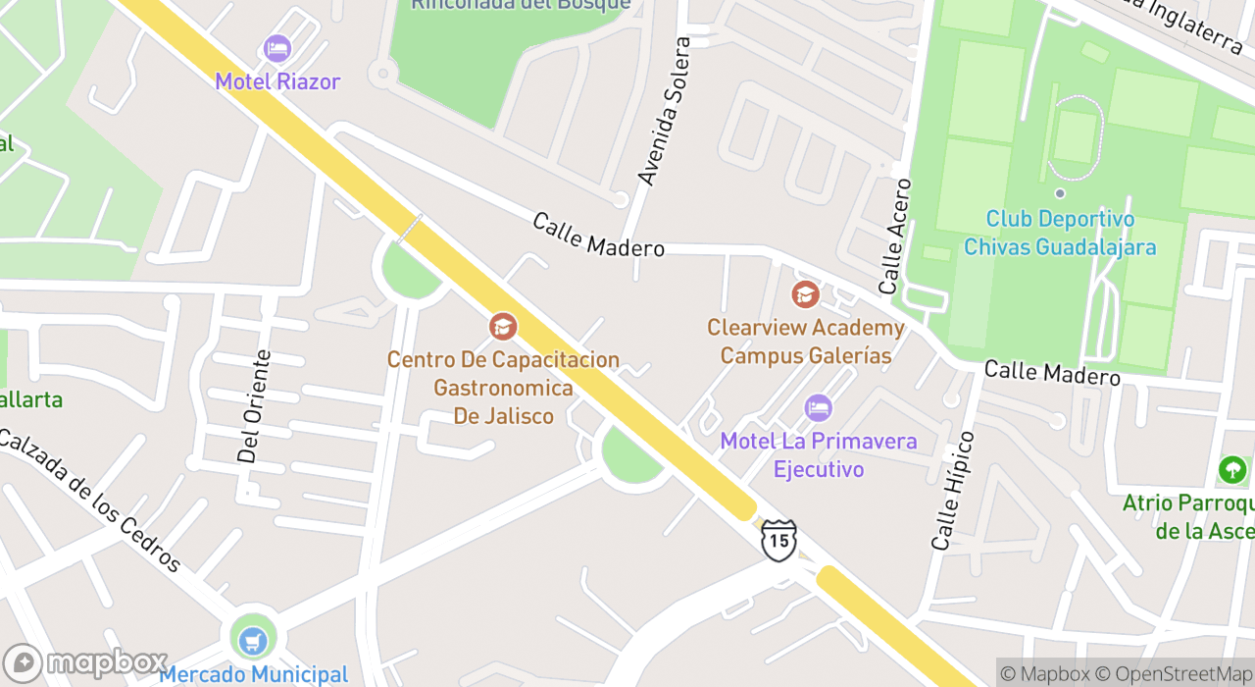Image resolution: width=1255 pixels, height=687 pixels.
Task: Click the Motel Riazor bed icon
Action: click(277, 48)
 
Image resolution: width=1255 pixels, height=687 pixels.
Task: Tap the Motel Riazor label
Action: click(277, 81)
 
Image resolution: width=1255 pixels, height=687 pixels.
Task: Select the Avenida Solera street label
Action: click(665, 111)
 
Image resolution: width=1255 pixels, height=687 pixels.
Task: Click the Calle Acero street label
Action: click(895, 237)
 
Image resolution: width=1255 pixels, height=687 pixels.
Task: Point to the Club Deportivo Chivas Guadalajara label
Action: click(1060, 233)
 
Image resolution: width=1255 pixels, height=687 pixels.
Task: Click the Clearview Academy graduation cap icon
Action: click(805, 293)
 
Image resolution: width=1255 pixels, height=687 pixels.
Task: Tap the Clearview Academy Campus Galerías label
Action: click(806, 342)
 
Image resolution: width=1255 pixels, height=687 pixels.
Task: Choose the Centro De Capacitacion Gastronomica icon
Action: click(503, 327)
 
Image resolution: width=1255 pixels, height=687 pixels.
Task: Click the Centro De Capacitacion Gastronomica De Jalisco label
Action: click(503, 388)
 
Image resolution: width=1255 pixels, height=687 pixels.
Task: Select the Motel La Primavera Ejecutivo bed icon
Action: click(818, 407)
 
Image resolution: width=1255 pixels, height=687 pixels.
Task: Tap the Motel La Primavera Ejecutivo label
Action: click(819, 454)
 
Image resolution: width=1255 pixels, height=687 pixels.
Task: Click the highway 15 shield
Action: click(778, 540)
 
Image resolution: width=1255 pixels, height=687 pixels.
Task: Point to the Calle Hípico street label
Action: click(953, 490)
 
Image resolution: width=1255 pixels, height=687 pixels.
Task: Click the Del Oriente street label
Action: click(254, 406)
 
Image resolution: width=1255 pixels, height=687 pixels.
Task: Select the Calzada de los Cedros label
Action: click(90, 501)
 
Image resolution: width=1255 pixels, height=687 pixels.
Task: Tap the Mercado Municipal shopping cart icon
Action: click(253, 640)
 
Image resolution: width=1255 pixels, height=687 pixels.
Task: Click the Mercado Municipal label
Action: click(253, 675)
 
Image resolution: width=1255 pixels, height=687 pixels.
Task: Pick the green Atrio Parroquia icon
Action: click(1232, 470)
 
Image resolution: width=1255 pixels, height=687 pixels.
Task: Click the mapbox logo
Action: click(86, 662)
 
